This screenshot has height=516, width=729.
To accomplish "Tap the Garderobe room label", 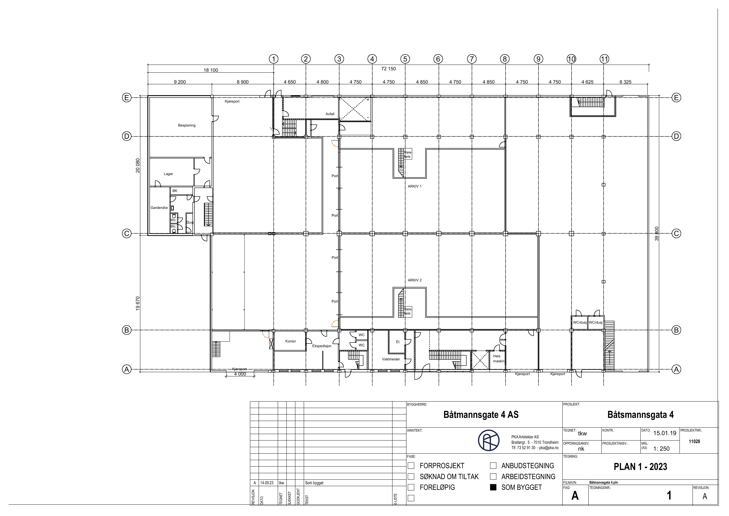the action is (159, 208).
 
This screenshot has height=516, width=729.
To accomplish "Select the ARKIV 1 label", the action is (415, 187).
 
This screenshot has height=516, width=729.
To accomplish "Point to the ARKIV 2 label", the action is (415, 280).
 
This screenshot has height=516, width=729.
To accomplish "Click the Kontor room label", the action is (291, 341).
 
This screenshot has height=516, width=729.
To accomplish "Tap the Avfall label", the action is (330, 114).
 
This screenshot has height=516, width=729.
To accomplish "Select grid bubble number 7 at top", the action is (472, 59).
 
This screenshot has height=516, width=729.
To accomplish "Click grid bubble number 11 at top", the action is (604, 59).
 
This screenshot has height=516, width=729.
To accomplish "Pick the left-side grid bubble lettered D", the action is (127, 136).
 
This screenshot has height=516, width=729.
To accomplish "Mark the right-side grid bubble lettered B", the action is (676, 330).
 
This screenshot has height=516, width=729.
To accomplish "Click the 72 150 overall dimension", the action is (389, 69).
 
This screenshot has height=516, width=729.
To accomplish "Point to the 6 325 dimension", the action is (626, 82).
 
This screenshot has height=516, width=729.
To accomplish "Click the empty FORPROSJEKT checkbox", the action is (411, 466).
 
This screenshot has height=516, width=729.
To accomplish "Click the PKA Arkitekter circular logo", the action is (489, 440).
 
